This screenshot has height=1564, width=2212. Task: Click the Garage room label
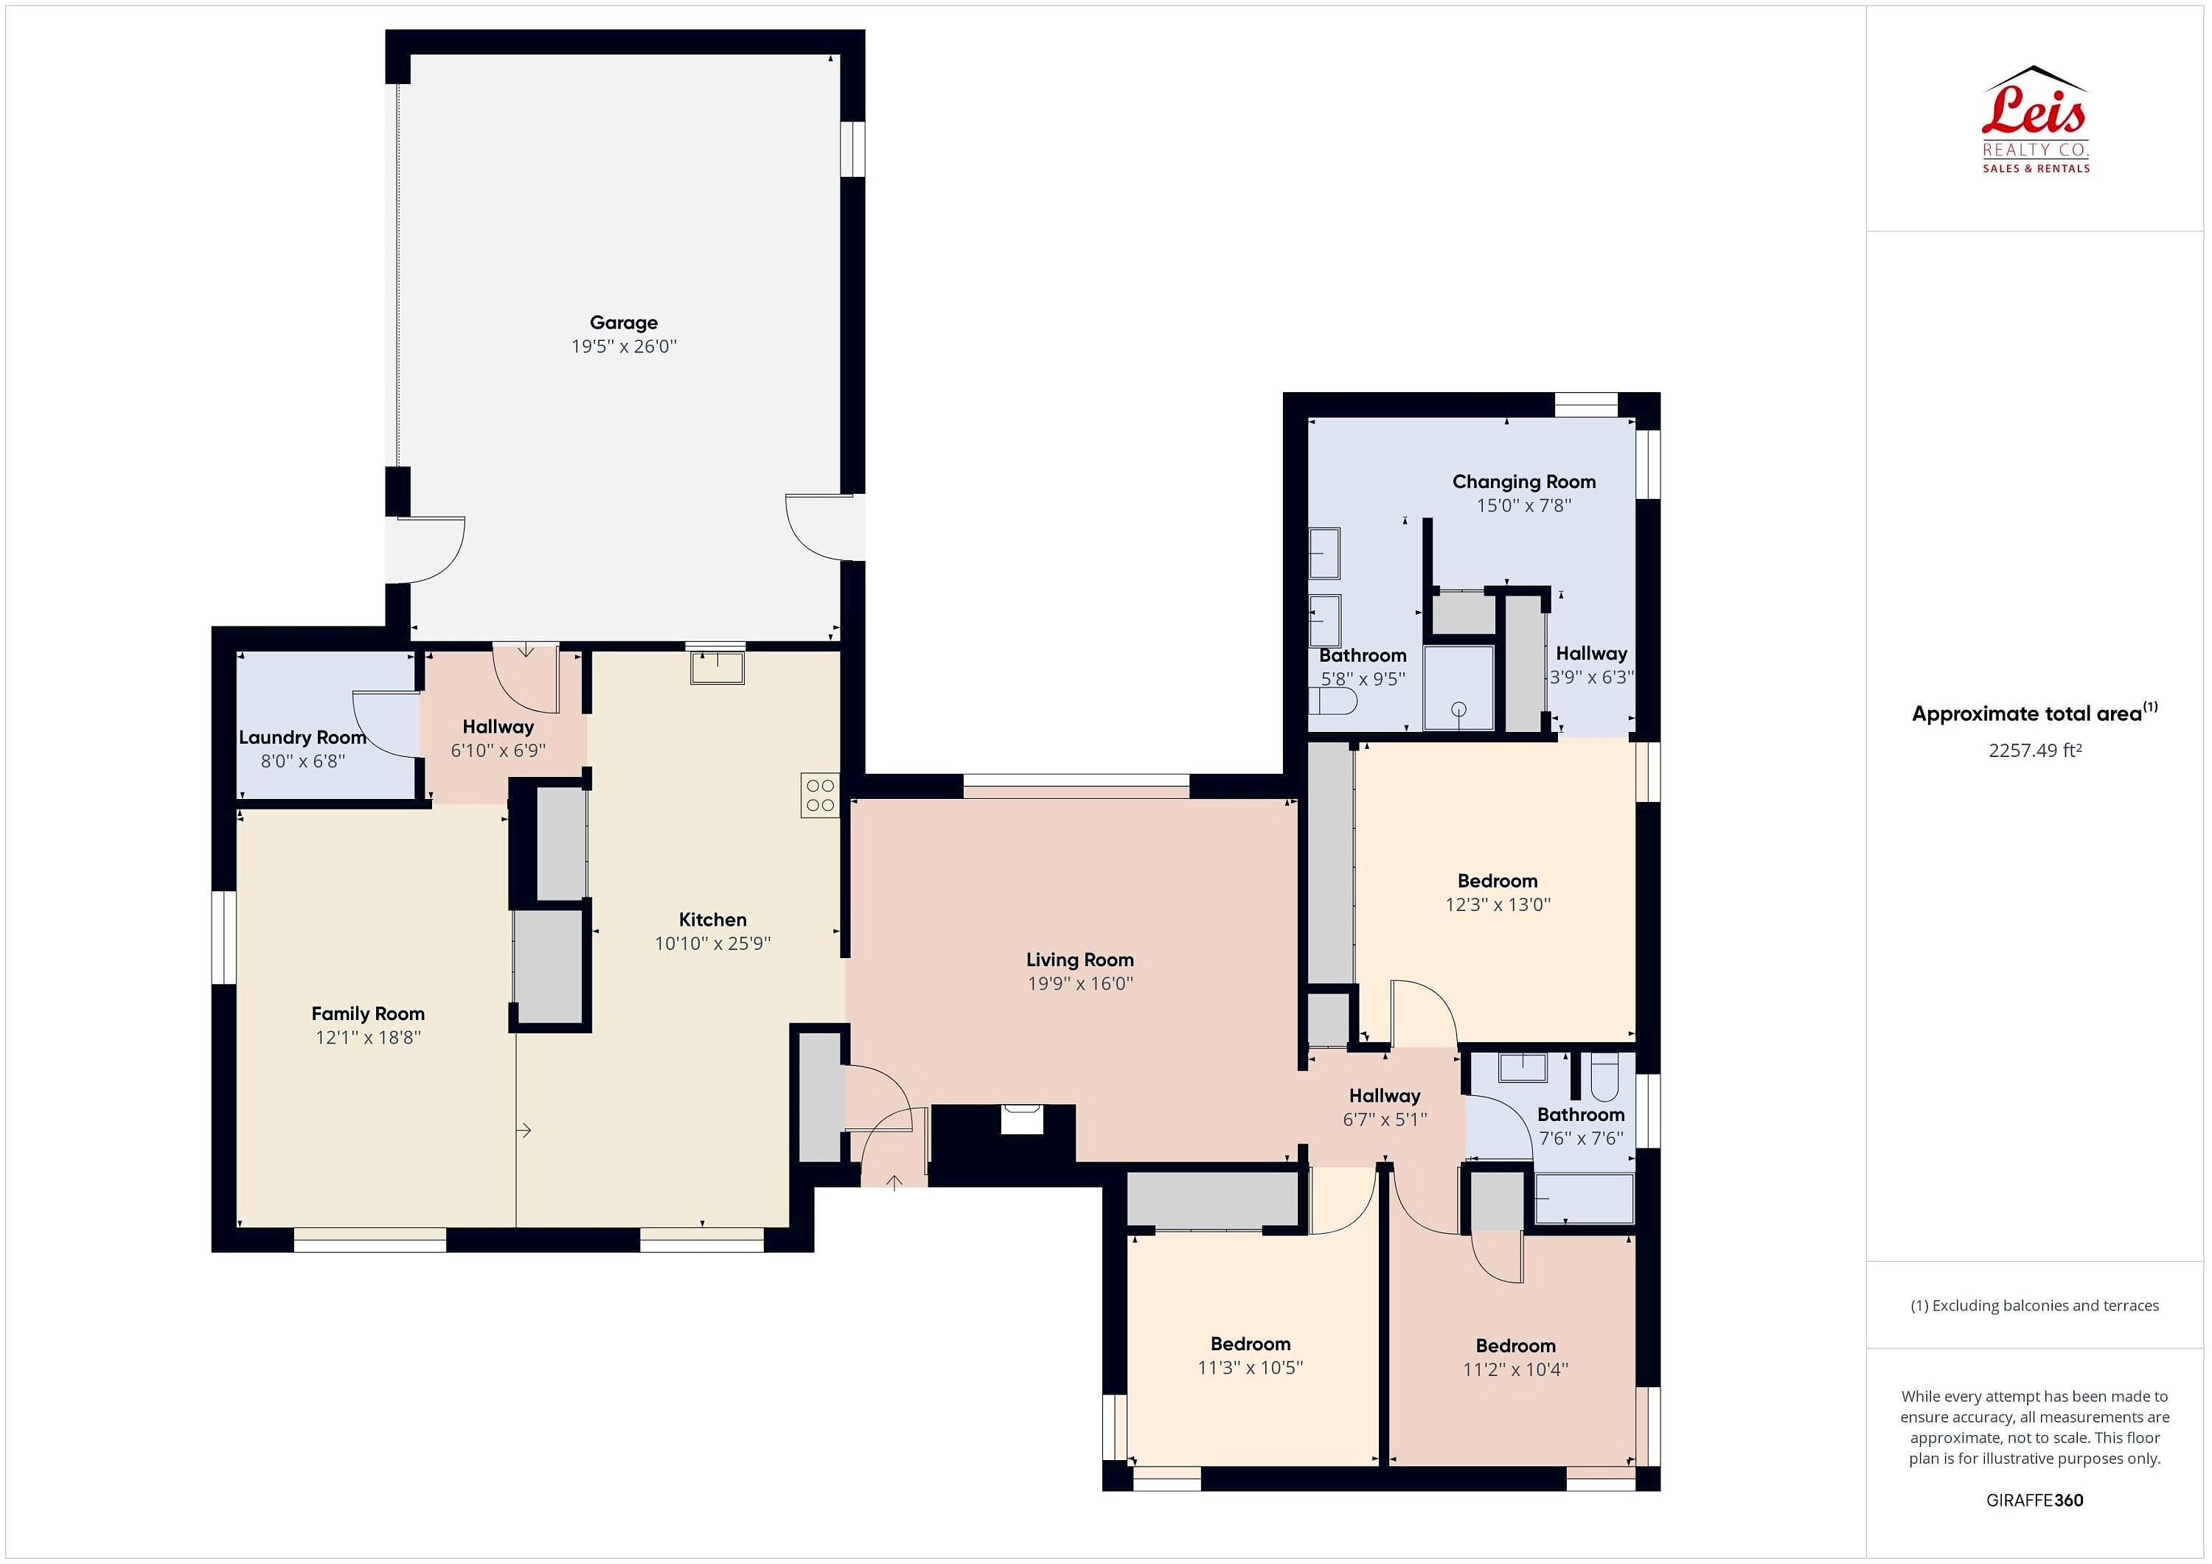pyautogui.click(x=623, y=323)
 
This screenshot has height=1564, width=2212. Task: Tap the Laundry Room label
pyautogui.click(x=302, y=738)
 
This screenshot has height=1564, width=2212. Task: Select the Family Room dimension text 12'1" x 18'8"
pyautogui.click(x=368, y=1037)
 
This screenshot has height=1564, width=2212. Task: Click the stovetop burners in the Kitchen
pyautogui.click(x=820, y=795)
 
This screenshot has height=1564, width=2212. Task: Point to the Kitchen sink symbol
pyautogui.click(x=717, y=668)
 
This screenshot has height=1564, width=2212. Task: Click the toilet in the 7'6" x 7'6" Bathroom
pyautogui.click(x=1605, y=1077)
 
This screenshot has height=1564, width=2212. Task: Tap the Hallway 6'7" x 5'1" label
pyautogui.click(x=1385, y=1096)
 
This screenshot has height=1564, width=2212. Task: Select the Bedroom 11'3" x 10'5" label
pyautogui.click(x=1251, y=1344)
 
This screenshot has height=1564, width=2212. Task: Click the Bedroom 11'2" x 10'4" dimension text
pyautogui.click(x=1515, y=1369)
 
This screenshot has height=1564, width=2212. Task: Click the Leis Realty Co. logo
pyautogui.click(x=2035, y=119)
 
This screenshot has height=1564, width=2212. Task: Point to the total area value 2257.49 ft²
pyautogui.click(x=2035, y=750)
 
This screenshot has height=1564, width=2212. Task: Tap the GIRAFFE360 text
pyautogui.click(x=2035, y=1499)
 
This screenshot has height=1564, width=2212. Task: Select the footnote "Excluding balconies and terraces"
pyautogui.click(x=2045, y=1306)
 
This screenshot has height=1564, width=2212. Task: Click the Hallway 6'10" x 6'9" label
pyautogui.click(x=498, y=727)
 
